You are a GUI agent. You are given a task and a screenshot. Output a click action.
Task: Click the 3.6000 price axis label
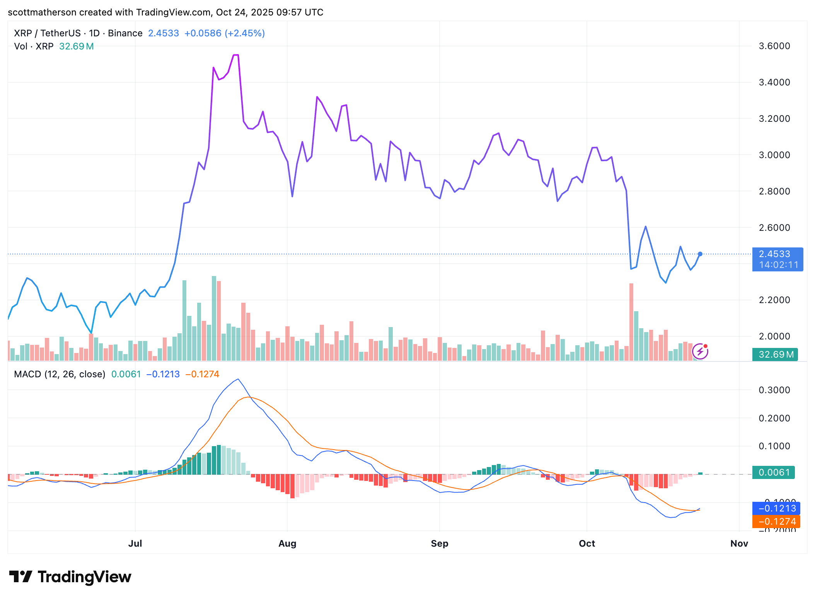coord(774,46)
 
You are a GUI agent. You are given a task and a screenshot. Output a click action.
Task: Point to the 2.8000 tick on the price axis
coord(774,191)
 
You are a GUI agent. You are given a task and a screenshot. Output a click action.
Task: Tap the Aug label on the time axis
coord(287,543)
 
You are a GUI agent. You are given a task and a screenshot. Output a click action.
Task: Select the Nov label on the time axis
coord(739,543)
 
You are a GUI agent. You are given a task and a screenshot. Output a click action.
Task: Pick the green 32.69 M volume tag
coord(775,354)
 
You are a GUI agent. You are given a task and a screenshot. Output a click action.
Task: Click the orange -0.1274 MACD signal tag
coord(776,522)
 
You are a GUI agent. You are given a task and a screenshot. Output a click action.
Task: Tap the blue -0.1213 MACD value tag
coord(776,508)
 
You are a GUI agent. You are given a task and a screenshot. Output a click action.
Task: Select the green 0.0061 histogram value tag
coord(773,472)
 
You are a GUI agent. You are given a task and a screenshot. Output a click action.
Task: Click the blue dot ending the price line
coord(700,254)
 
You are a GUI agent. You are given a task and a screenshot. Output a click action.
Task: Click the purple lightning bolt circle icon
coord(700,351)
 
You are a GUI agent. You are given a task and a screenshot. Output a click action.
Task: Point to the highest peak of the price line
coord(236,55)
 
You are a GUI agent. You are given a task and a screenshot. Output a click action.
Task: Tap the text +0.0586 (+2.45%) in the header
coord(224,33)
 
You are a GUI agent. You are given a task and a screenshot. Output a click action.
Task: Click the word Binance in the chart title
coord(125,33)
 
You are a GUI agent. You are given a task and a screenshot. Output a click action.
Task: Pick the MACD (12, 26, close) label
coord(60,374)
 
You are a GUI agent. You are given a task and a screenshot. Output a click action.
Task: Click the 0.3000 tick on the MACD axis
coord(774,390)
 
